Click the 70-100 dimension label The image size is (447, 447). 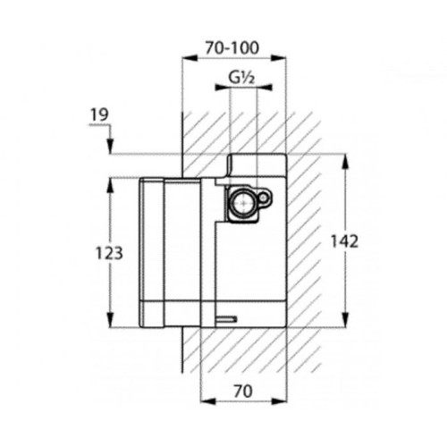tap(232, 48)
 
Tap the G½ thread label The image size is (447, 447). tap(241, 78)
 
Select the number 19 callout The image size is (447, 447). tap(99, 115)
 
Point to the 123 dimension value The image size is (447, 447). tap(109, 253)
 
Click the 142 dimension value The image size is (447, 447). tap(344, 241)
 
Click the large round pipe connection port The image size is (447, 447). tap(244, 203)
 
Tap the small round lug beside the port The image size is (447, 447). tap(264, 197)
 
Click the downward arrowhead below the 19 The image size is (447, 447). tap(111, 146)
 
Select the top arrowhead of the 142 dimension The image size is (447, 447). tap(345, 163)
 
